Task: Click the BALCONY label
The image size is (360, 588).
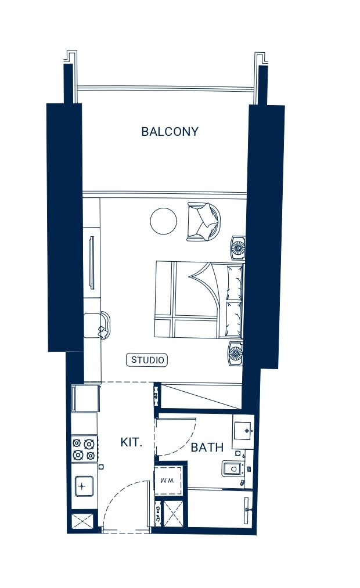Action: pos(170,132)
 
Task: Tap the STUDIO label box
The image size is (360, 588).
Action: pos(147,360)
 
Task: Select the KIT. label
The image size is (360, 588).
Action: pos(131,442)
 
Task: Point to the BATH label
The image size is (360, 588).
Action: pos(207,447)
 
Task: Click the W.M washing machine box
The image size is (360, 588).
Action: pos(168,481)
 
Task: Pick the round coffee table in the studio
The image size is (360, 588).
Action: pos(164,221)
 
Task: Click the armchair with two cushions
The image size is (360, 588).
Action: pos(204,222)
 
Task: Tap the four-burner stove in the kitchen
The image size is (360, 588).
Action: pos(84,449)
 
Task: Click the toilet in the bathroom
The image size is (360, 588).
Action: pos(232,468)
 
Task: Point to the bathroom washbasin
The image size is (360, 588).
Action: pos(243,431)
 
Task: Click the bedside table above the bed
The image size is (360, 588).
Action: pos(237,248)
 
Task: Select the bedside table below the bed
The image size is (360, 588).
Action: pos(236,353)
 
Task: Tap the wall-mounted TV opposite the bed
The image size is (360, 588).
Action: pos(91,262)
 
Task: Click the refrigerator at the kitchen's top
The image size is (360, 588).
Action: pos(86,398)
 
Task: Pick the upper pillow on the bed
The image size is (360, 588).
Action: pos(235,282)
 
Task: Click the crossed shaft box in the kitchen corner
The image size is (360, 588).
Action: pos(82,522)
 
